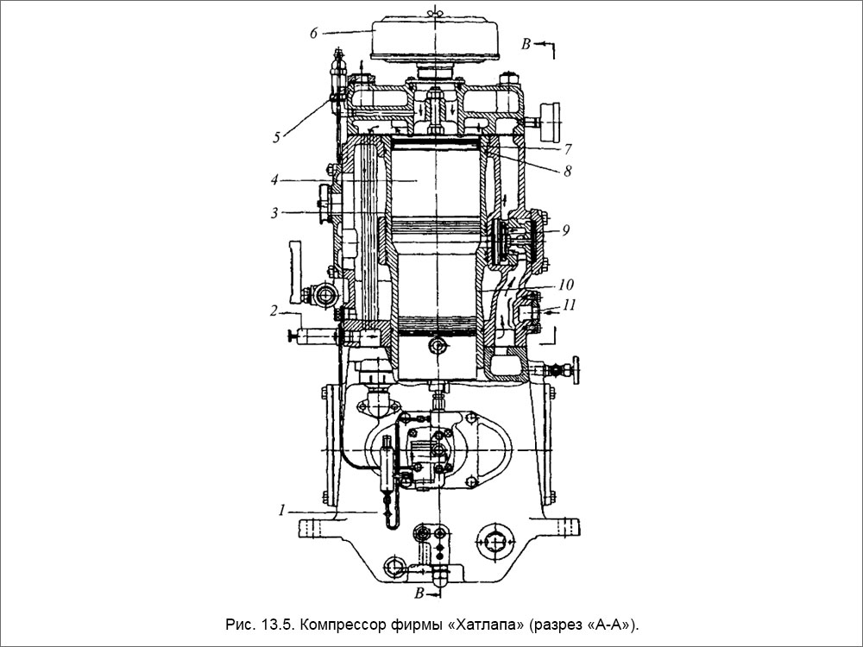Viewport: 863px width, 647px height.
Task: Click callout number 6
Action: tap(315, 32)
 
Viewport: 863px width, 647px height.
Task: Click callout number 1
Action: tap(281, 510)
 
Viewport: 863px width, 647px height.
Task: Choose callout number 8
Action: tap(568, 171)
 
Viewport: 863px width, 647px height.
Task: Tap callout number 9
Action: tap(565, 230)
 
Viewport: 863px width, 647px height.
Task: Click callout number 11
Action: tap(568, 304)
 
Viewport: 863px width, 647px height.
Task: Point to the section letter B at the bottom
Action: tap(419, 594)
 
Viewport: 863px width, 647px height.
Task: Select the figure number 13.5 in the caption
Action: tap(262, 624)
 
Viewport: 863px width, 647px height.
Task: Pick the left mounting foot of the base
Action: tap(312, 525)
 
